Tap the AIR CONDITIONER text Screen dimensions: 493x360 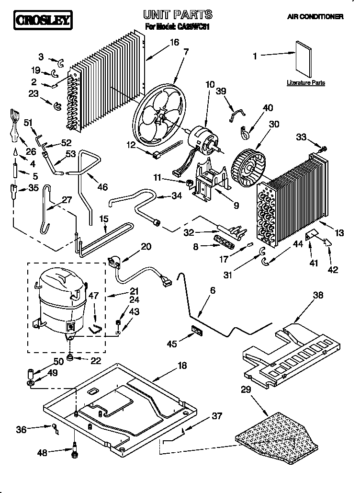click(315, 17)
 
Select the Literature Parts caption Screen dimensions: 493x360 click(306, 83)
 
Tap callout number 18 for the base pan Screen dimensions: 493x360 click(182, 366)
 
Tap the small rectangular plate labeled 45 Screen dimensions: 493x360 click(196, 331)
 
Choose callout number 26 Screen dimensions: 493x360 click(31, 152)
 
